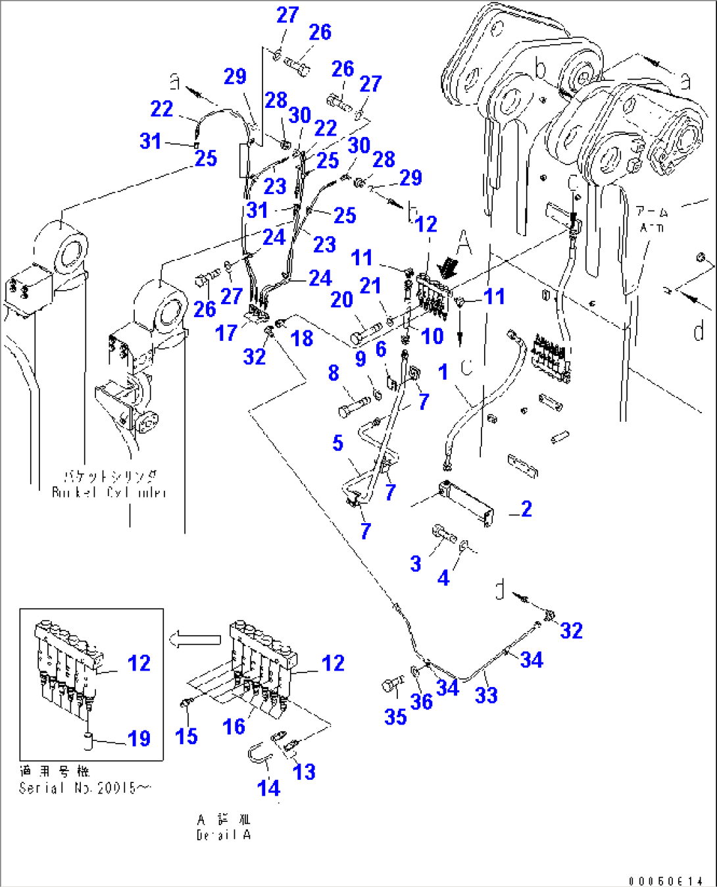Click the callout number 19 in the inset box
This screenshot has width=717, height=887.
[x=139, y=738]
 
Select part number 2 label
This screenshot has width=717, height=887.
[x=526, y=509]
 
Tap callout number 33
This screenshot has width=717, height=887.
[x=486, y=695]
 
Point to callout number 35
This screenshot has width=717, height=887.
[x=395, y=717]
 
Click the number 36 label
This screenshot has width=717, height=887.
[x=422, y=701]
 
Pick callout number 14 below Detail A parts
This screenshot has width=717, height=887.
[x=269, y=788]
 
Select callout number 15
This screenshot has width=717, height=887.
[x=186, y=736]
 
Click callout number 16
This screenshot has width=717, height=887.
[x=234, y=726]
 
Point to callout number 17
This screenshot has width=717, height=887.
[x=226, y=333]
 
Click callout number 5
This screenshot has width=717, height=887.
[x=337, y=443]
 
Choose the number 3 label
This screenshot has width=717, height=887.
[x=415, y=563]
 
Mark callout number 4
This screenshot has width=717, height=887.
[x=443, y=578]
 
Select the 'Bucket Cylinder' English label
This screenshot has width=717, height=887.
[x=109, y=492]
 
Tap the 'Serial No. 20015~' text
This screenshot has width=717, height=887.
[x=85, y=788]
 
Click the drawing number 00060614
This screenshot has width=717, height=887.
[x=665, y=881]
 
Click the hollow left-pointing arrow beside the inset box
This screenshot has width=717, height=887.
[x=194, y=639]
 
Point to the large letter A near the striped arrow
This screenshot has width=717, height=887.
[x=464, y=243]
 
